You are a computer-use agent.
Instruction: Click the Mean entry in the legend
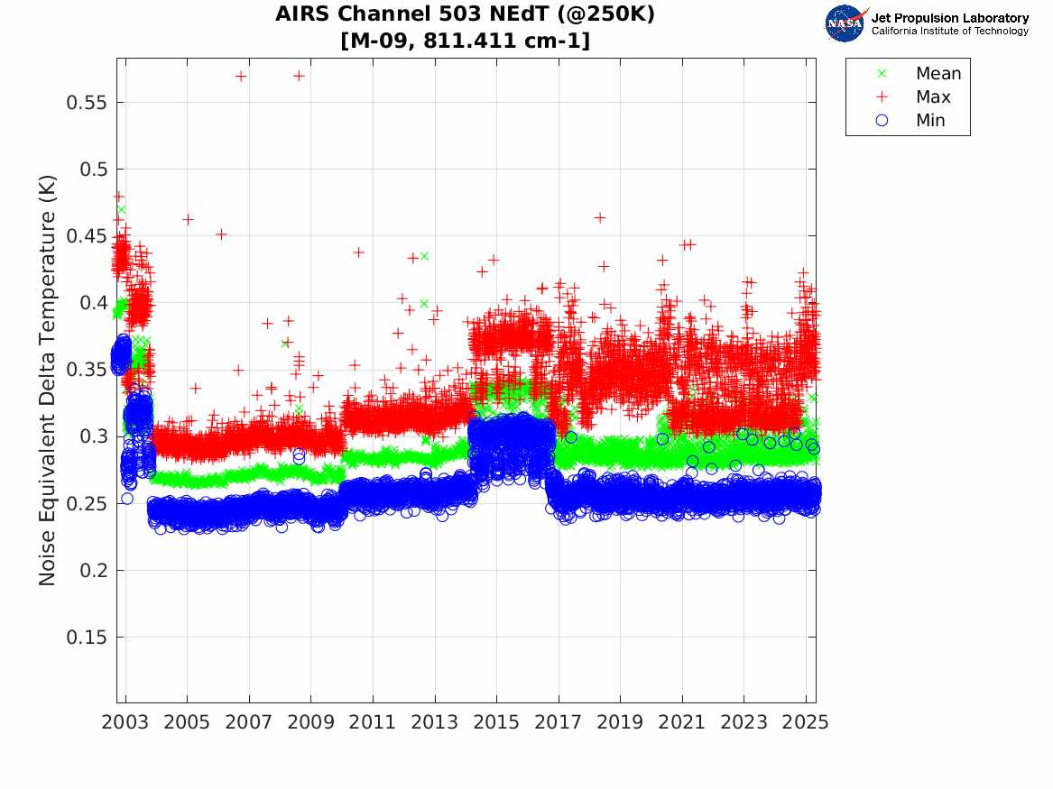point(938,74)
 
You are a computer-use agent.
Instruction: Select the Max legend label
point(932,97)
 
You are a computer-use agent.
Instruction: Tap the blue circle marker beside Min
point(882,120)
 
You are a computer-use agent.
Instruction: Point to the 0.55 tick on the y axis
point(88,103)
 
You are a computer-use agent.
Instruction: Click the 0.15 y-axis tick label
point(88,638)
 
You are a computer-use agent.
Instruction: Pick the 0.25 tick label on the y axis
point(88,504)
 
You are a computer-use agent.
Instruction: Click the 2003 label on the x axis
point(125,723)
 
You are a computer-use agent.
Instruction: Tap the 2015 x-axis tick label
point(496,723)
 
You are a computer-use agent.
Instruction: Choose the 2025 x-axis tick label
point(806,723)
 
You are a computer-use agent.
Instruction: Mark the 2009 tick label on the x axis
point(311,723)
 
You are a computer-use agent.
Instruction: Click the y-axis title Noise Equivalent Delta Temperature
point(48,381)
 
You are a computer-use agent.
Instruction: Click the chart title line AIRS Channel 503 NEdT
point(465,14)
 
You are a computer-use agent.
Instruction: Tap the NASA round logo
point(845,23)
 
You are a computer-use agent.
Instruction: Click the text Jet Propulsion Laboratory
point(949,17)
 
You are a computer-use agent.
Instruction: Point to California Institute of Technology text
point(949,32)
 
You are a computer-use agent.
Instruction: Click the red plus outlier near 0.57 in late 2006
point(241,77)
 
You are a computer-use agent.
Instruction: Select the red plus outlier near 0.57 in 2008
point(299,76)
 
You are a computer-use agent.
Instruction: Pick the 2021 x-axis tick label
point(682,723)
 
